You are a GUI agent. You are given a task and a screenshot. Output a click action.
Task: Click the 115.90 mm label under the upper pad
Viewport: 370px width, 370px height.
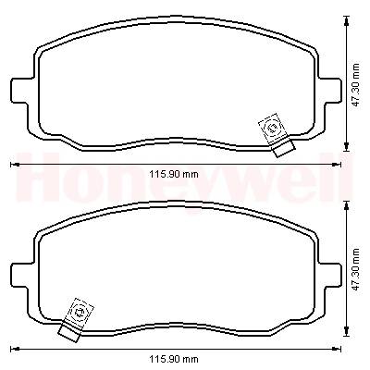(174, 174)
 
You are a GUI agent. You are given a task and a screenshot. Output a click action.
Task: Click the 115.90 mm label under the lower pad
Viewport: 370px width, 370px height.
(174, 359)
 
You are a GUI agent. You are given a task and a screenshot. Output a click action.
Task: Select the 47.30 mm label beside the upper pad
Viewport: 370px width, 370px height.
(356, 85)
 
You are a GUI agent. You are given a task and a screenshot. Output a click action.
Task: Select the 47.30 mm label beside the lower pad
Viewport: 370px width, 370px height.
(356, 268)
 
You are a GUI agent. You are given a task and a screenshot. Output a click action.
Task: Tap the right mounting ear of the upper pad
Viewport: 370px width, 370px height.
(330, 90)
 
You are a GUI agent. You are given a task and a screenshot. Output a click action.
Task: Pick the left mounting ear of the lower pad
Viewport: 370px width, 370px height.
(21, 275)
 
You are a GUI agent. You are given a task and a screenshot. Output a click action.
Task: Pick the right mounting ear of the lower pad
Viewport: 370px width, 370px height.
(330, 275)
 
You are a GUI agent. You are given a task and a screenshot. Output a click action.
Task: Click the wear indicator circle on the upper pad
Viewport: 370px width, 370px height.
(272, 128)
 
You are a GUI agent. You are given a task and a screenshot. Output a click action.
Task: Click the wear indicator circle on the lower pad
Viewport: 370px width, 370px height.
(79, 313)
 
